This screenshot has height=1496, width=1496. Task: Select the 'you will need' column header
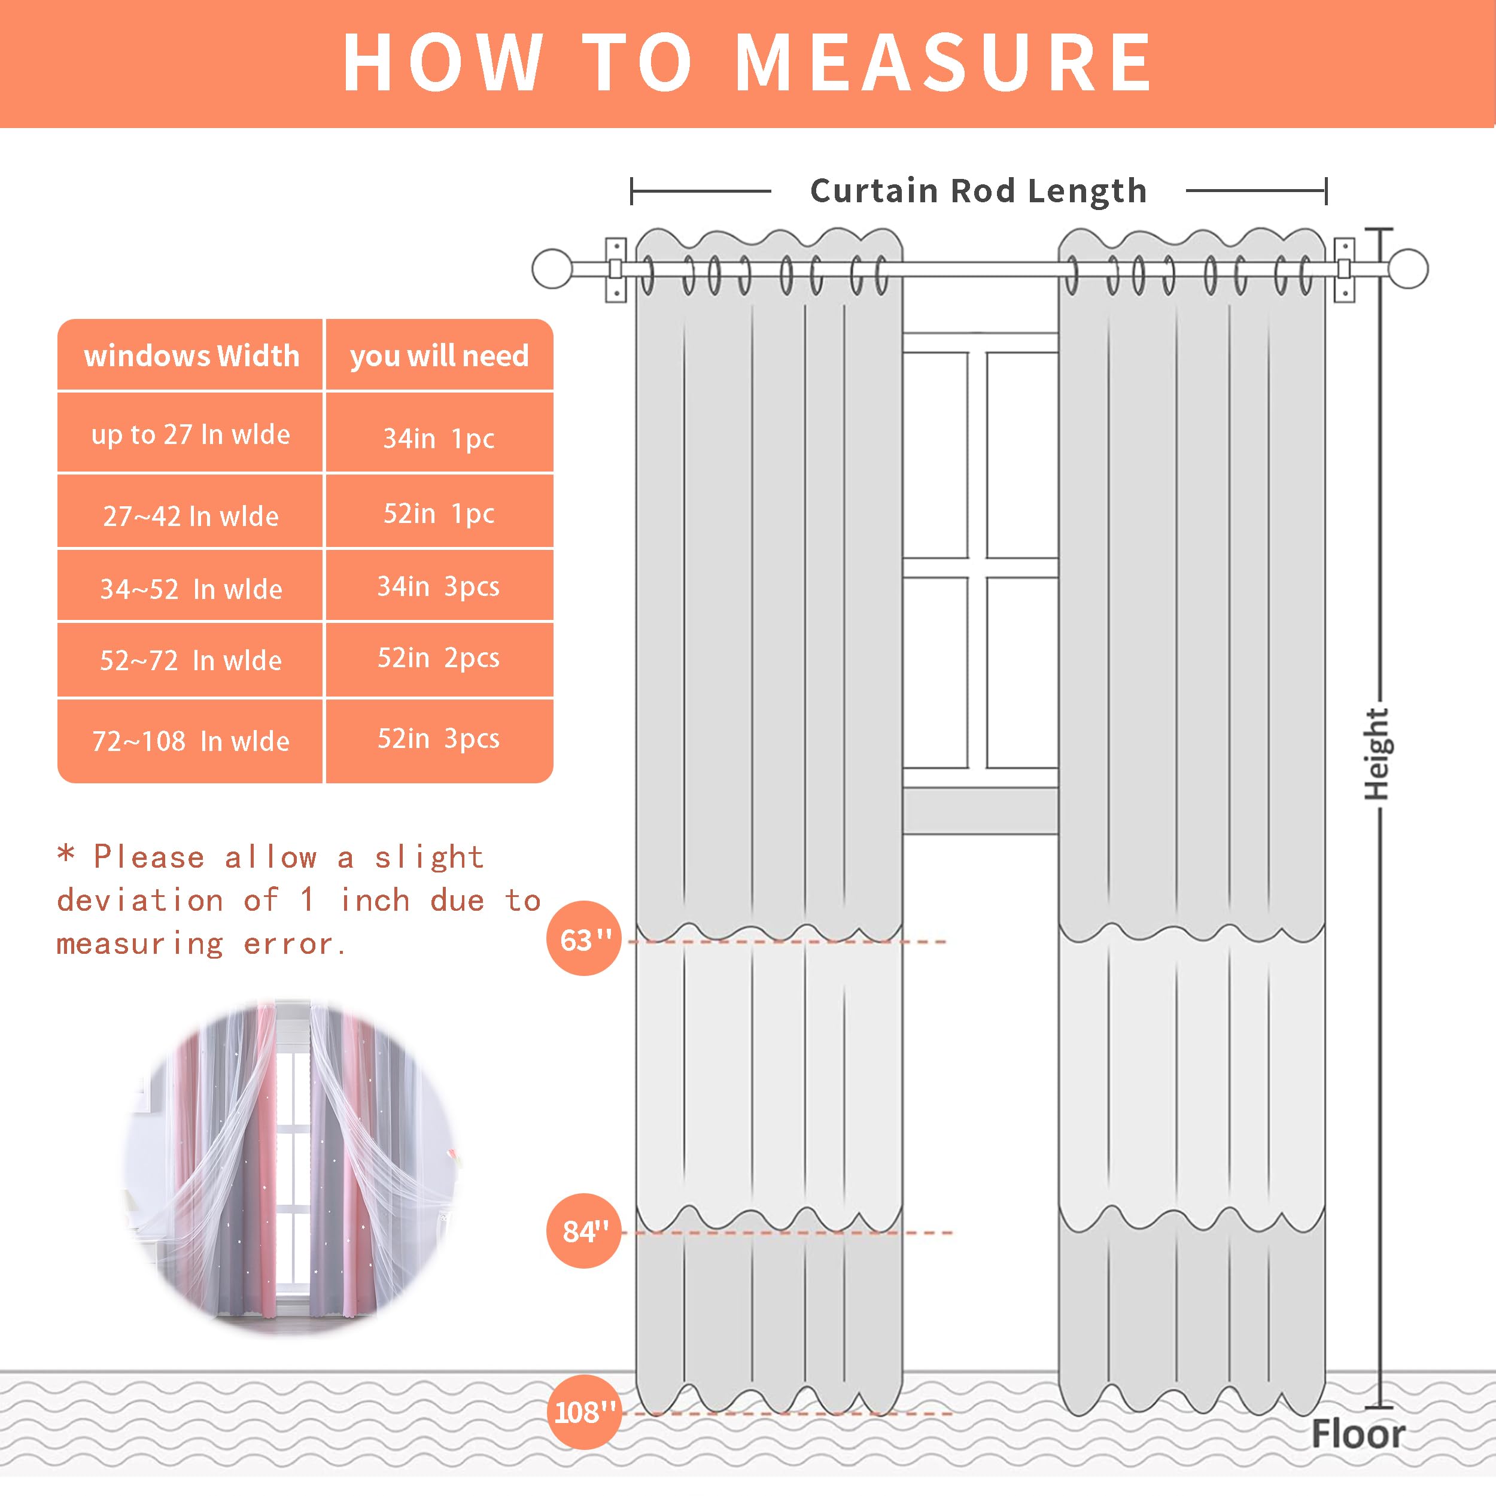pos(439,355)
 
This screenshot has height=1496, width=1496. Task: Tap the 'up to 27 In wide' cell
pos(190,434)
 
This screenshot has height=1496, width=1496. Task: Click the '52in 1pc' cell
pos(439,513)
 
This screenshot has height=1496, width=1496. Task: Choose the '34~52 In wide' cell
pos(190,588)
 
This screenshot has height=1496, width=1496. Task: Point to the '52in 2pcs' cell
pos(439,658)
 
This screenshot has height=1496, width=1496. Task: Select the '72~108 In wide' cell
pos(190,741)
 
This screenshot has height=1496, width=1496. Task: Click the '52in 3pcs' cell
pos(439,738)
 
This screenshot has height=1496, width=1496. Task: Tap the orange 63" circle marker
pos(584,939)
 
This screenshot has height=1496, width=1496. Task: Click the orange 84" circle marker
pos(584,1231)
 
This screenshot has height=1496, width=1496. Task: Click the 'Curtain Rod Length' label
pos(978,190)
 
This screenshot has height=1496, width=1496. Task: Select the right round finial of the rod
pos(1407,269)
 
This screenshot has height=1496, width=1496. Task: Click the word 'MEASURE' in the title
pos(944,63)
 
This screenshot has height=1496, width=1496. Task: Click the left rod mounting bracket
pos(616,269)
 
